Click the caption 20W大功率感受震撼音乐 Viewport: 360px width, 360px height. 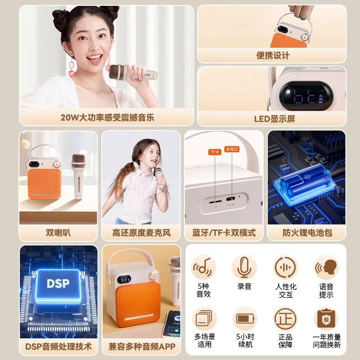pos(107,118)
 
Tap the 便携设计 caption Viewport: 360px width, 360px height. pos(273,55)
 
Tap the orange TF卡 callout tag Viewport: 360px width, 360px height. pos(215,152)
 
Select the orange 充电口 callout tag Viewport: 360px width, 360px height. pos(232,149)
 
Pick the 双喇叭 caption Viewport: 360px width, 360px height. pos(58,233)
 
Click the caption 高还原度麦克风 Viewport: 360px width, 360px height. pos(141,233)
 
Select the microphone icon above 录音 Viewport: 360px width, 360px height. pos(244,267)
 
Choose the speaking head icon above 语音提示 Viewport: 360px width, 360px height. pos(326,267)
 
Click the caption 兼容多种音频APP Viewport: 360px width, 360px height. pos(141,347)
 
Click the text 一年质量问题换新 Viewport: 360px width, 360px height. pos(326,341)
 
